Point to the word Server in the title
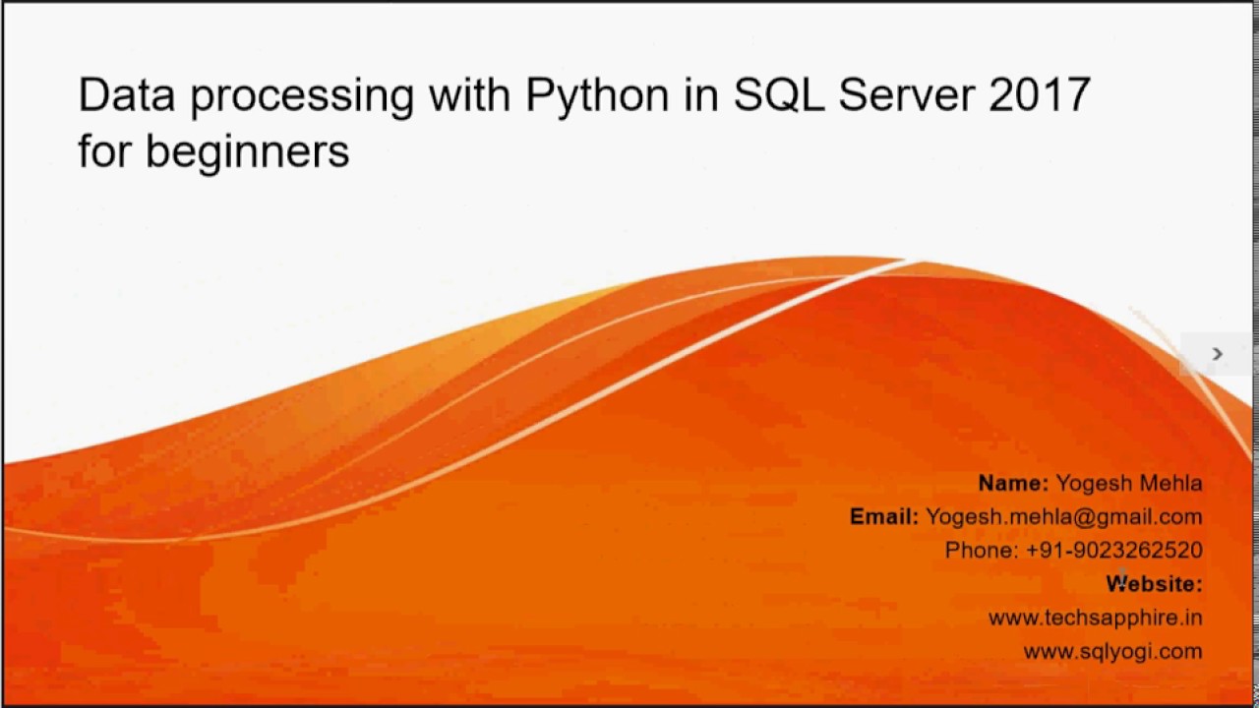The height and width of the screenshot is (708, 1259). (x=902, y=94)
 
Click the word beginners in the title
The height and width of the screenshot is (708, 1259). (x=247, y=151)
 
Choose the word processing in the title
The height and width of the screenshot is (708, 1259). (x=302, y=96)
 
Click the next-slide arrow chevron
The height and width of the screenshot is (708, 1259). (x=1217, y=354)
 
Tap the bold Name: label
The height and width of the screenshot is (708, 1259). (x=1013, y=483)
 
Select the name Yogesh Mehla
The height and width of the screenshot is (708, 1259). (x=1128, y=483)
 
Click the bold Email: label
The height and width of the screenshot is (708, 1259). (x=883, y=516)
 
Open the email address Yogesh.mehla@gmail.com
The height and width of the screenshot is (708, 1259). (x=1063, y=516)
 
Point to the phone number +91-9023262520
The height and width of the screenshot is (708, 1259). (x=1113, y=550)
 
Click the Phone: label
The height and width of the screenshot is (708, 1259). (x=981, y=550)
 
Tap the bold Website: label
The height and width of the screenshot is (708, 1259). (x=1154, y=583)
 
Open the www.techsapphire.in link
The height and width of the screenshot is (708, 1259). (x=1095, y=618)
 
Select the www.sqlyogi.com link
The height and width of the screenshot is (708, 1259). (x=1112, y=651)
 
